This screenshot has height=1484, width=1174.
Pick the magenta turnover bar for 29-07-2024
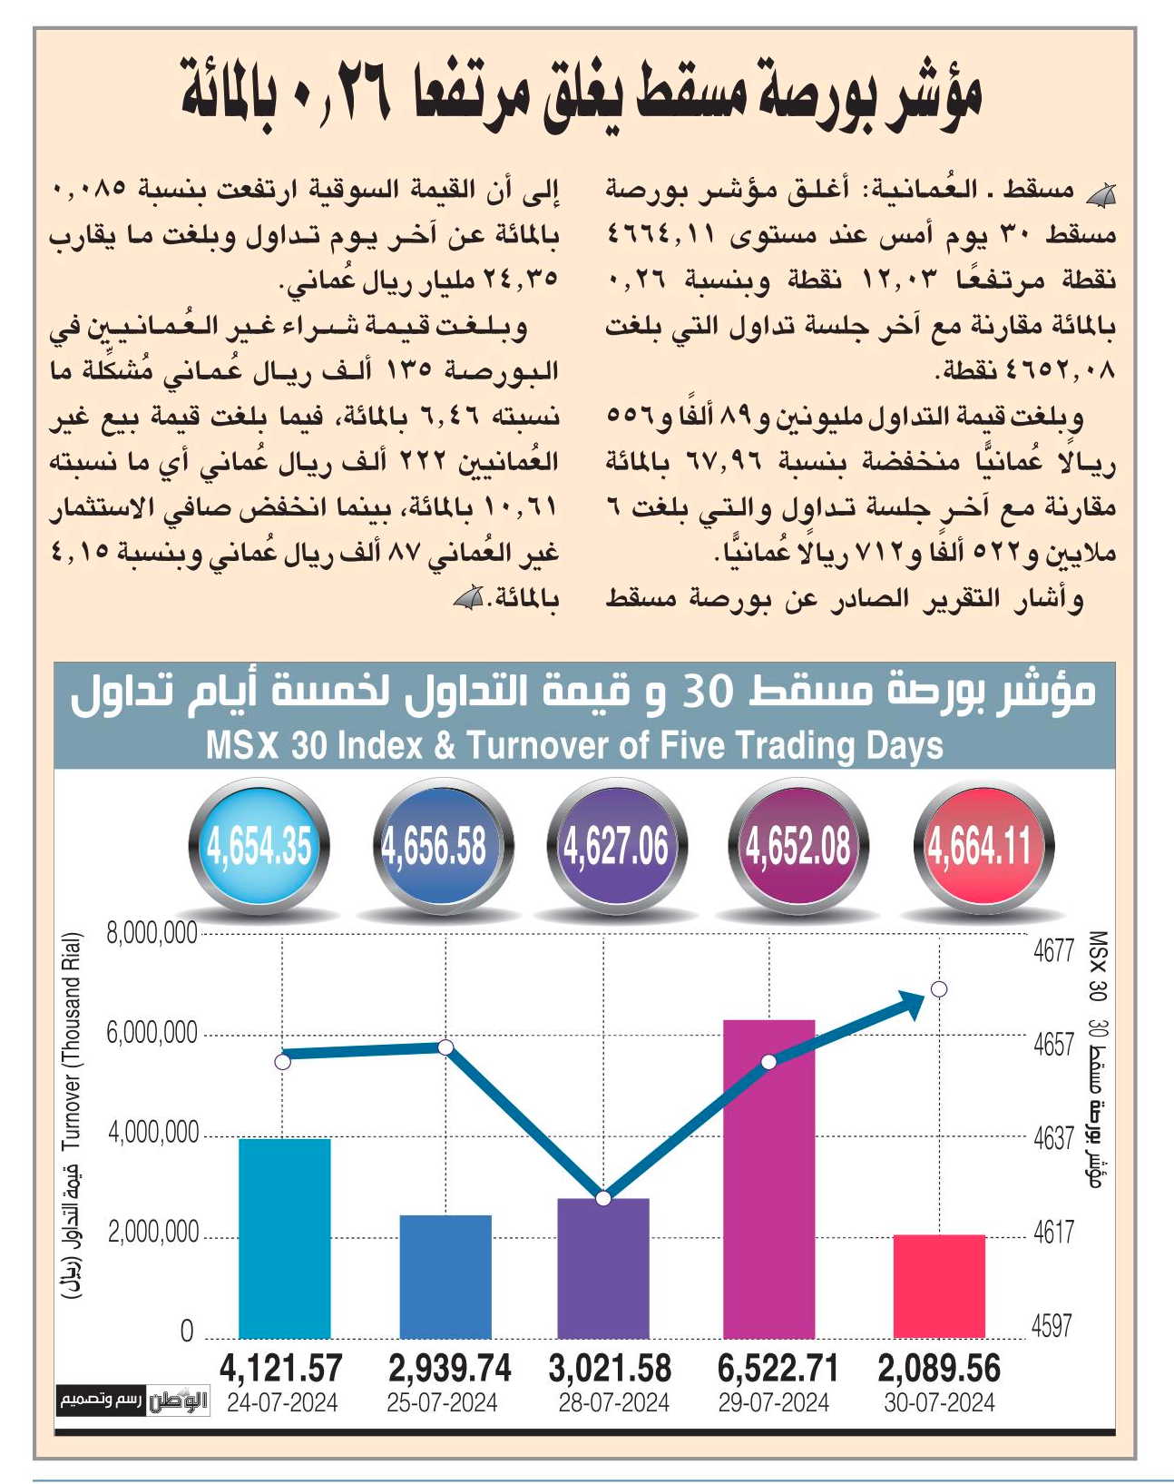[768, 1178]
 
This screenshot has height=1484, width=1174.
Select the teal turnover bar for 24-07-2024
[285, 1238]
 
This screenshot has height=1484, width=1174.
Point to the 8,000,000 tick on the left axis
[152, 934]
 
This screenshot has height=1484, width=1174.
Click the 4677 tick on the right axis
[1053, 951]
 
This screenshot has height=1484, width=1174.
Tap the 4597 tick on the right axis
[1052, 1325]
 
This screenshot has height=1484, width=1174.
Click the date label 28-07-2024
[613, 1402]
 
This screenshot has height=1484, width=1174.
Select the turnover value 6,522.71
[778, 1368]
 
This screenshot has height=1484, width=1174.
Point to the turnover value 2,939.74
[449, 1368]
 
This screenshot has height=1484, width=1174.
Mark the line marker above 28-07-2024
[603, 1198]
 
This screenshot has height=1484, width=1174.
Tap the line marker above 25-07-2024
[445, 1047]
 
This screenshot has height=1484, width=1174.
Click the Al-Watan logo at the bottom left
[179, 1400]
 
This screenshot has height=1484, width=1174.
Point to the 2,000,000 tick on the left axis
[153, 1233]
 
